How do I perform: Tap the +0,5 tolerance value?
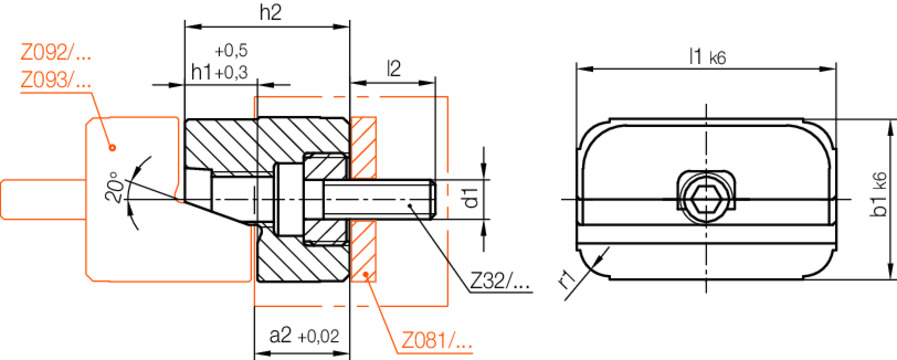point(231,50)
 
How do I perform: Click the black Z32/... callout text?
point(500,283)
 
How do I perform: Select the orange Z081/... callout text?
point(437,340)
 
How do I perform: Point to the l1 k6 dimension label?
point(706,57)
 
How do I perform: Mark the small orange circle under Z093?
point(112,147)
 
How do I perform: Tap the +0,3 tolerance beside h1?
point(233,72)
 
